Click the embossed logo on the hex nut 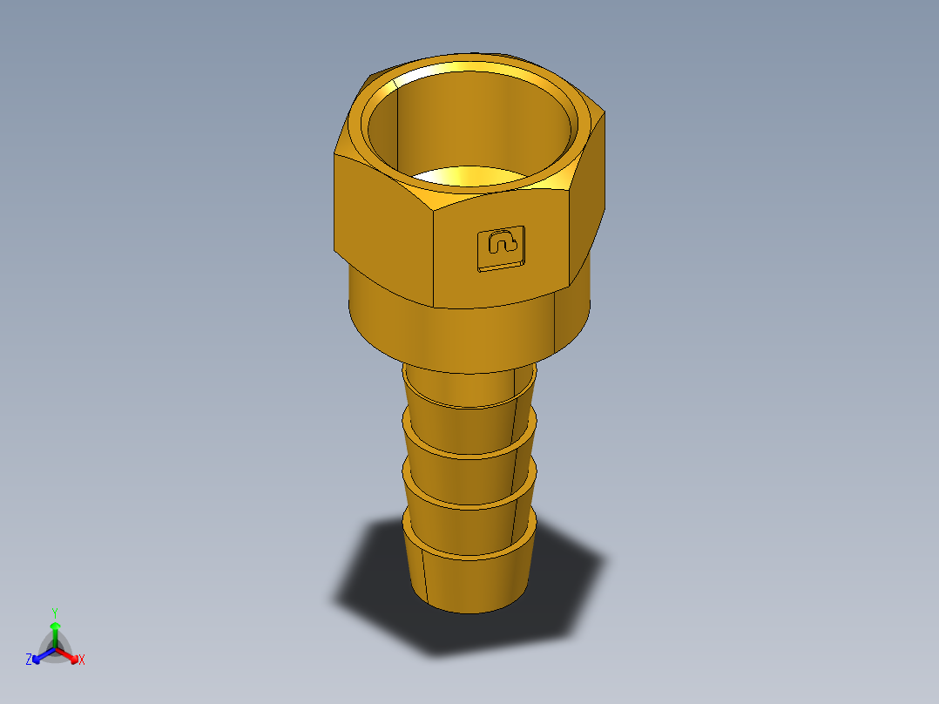(501, 247)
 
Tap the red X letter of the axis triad (82, 660)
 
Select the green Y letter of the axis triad (54, 613)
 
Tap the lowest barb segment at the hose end (470, 579)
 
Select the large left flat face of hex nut (383, 227)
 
